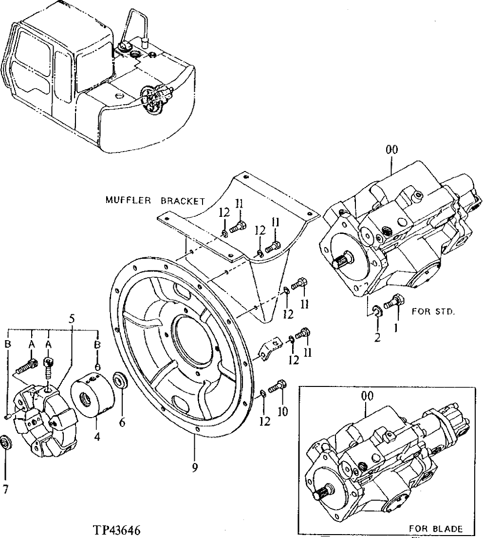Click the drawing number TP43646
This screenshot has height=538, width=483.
point(118,528)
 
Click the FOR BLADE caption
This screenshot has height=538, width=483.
point(436,528)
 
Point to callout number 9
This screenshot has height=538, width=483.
point(194,468)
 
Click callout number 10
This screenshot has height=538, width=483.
point(283,412)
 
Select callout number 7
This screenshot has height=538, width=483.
point(5,490)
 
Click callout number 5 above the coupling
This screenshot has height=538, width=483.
point(72,320)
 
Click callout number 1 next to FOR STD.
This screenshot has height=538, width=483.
point(396,328)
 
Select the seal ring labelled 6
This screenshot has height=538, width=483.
point(119,380)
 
